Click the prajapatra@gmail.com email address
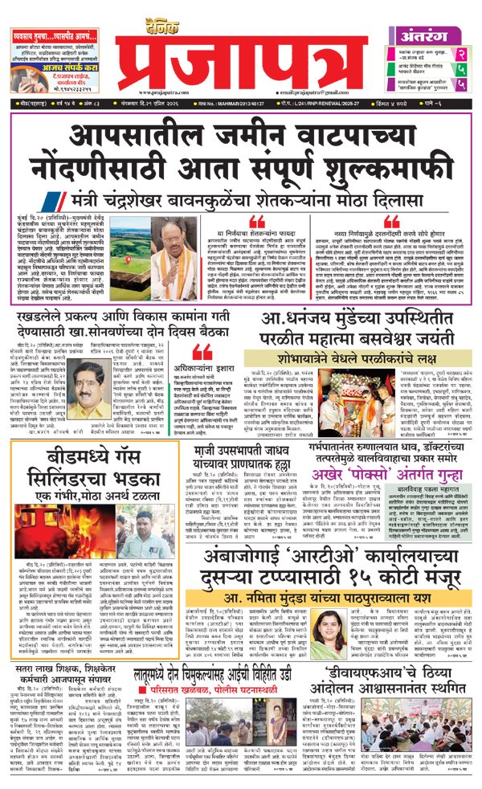(x=309, y=95)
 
